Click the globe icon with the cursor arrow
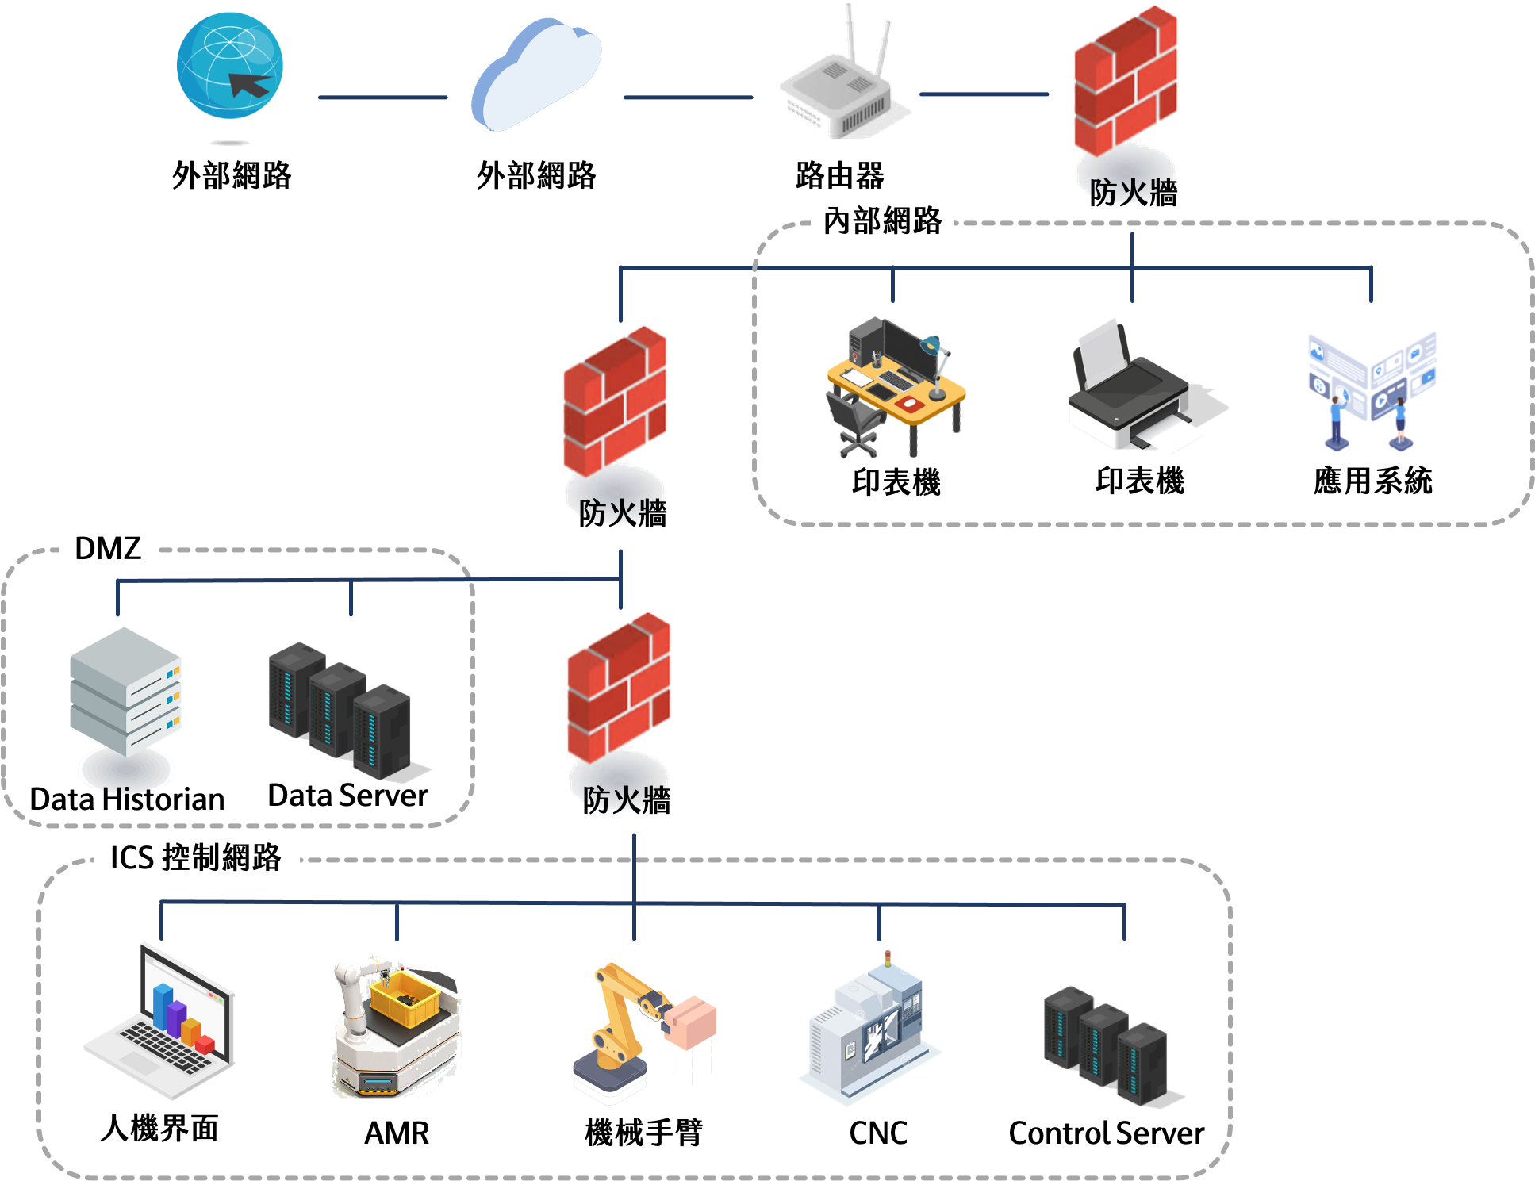click(x=230, y=66)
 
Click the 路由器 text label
click(x=839, y=175)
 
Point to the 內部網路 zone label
click(x=882, y=220)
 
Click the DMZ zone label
click(x=107, y=548)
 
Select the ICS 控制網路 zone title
click(x=195, y=857)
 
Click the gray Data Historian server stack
click(x=125, y=690)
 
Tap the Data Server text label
click(x=347, y=795)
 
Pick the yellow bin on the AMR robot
click(x=405, y=998)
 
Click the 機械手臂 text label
click(x=643, y=1132)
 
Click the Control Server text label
click(x=1106, y=1133)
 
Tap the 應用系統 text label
click(x=1372, y=481)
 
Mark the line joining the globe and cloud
click(x=382, y=98)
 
